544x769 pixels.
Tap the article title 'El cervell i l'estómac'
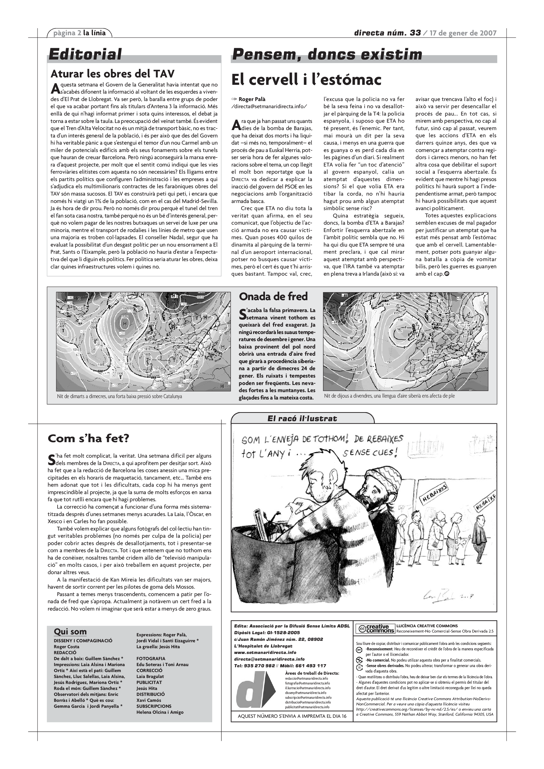coord(306,80)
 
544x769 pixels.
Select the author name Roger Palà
coord(252,99)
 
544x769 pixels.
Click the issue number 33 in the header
coord(415,33)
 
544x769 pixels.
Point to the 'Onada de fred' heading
coord(273,296)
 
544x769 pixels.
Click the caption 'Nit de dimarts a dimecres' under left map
coord(120,396)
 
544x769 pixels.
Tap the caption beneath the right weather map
coord(389,396)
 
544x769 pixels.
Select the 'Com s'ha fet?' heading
coord(88,438)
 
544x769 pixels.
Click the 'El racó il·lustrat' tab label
coord(302,418)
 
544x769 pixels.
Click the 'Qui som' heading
coord(70,632)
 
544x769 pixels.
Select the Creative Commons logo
coord(375,629)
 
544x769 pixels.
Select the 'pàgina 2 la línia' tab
coord(79,33)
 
